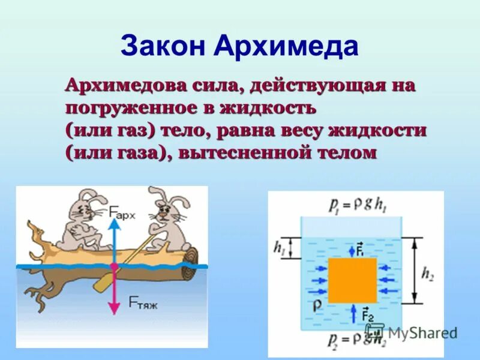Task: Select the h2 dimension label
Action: pos(427,274)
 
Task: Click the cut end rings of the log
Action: pos(191,257)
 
